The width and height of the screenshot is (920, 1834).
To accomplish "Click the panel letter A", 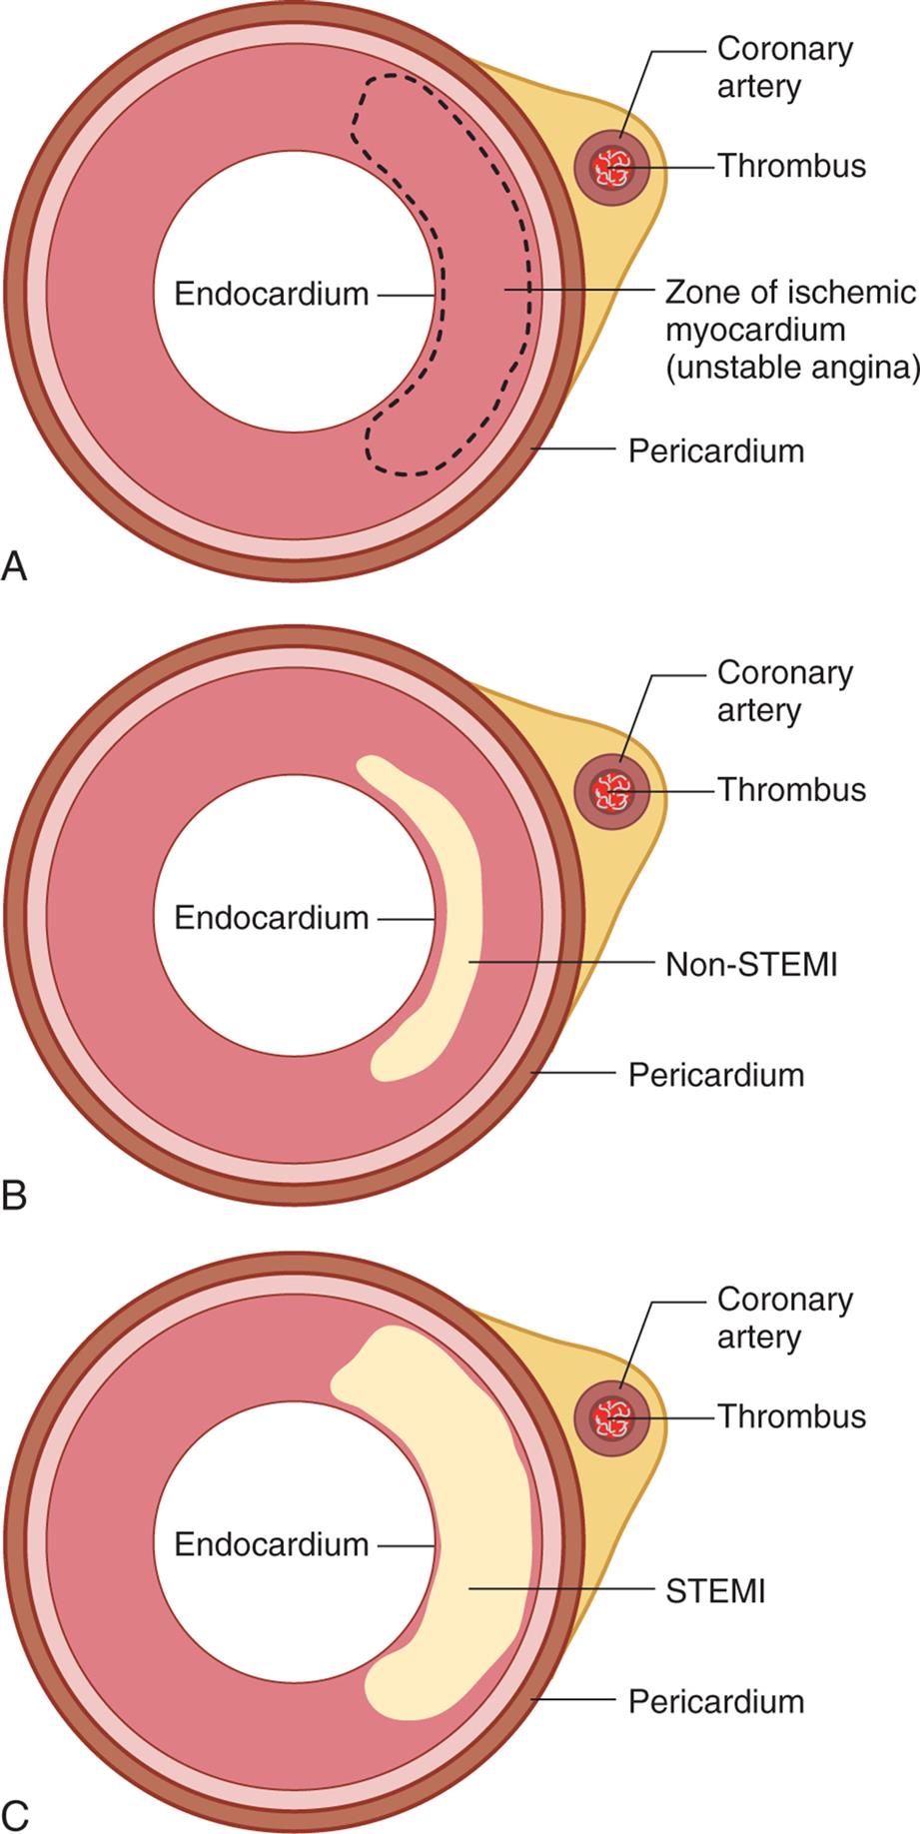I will point(15,566).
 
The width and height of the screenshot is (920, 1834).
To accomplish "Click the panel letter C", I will point(15,1813).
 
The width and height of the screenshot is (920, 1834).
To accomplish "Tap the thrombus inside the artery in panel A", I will point(609,168).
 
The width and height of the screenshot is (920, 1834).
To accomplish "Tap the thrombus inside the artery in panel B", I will point(609,791).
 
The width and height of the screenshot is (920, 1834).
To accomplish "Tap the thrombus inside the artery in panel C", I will point(609,1417).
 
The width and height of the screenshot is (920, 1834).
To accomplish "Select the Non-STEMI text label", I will point(751,964).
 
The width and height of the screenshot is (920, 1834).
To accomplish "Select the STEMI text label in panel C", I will point(715,1589).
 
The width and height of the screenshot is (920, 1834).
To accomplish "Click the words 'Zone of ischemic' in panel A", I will point(789,293).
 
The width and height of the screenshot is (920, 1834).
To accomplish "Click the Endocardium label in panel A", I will point(271,294).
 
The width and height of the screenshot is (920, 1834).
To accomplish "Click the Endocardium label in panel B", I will point(271,917).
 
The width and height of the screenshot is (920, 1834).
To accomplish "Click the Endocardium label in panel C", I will point(271,1544).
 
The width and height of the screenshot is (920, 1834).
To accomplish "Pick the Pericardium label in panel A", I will point(715,451).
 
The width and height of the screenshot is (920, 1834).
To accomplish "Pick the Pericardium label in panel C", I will point(715,1700).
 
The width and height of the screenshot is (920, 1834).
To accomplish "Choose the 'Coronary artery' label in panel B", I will point(784,691).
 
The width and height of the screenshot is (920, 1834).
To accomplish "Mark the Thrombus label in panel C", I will point(791,1416).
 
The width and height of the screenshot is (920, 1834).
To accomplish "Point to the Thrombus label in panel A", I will point(791,165).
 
